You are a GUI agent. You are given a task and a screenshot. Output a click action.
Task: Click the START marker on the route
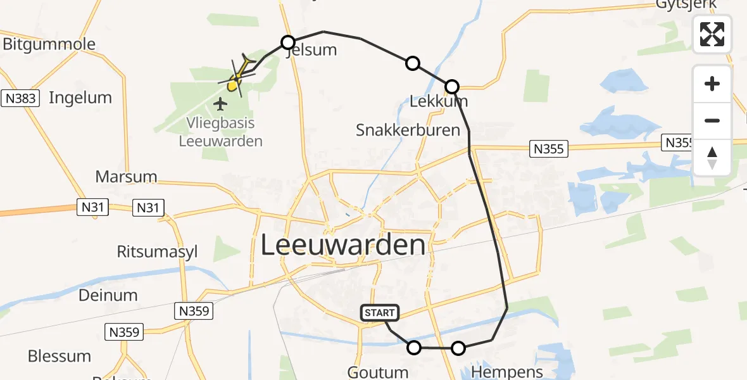(380, 312)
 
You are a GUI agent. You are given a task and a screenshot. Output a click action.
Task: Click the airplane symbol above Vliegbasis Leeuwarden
(220, 103)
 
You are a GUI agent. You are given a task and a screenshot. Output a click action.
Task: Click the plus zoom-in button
(712, 84)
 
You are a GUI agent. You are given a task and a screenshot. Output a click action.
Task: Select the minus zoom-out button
(712, 120)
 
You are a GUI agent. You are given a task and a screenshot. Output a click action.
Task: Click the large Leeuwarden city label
(343, 246)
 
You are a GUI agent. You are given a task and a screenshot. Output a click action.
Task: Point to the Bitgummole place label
(49, 44)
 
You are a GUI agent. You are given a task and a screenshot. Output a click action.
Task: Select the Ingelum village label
(80, 98)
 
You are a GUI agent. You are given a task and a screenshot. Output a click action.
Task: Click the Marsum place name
(126, 176)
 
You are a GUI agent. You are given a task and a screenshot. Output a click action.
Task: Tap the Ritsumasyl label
(157, 251)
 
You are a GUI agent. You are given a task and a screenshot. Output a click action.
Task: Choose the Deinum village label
(108, 294)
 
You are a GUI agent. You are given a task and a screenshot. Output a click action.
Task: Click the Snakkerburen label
(408, 130)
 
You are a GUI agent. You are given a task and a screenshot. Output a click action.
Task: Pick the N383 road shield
(20, 98)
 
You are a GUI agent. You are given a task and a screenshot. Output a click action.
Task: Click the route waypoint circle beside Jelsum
(288, 42)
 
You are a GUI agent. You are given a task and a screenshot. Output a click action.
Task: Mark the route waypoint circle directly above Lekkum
(452, 86)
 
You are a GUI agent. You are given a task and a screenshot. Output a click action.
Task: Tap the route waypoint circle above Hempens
(458, 348)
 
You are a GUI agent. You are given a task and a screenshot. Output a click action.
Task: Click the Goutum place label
(378, 371)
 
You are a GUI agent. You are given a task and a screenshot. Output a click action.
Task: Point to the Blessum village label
(60, 356)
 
